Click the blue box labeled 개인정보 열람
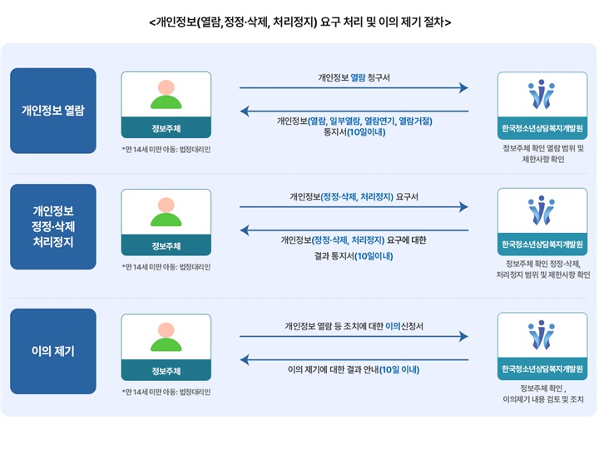tap(53, 110)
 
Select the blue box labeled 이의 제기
tap(53, 351)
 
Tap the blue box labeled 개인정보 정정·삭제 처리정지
tap(53, 226)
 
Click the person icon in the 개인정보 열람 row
tap(166, 95)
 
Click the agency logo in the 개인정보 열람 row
tap(542, 95)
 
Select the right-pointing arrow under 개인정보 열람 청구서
tap(354, 88)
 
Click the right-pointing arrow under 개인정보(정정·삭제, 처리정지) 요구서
tap(354, 207)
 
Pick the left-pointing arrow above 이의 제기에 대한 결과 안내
tap(354, 359)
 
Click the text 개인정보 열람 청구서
tap(354, 77)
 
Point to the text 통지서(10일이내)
tap(354, 132)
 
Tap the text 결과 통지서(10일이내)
tap(354, 255)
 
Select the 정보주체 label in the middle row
tap(166, 245)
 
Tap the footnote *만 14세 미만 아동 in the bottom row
tap(166, 392)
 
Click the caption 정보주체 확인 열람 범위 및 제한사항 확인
tap(542, 154)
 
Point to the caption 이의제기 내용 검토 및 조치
tap(542, 399)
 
